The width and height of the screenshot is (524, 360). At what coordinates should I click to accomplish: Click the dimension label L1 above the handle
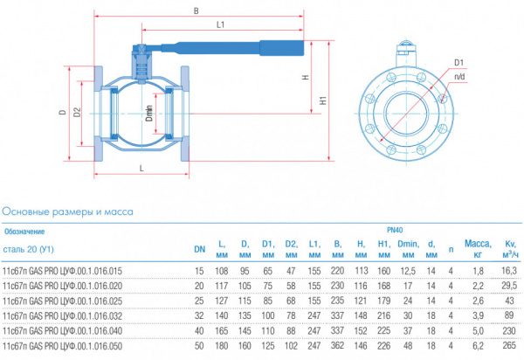[x=221, y=24]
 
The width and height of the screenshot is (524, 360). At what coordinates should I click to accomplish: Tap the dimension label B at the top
[x=196, y=11]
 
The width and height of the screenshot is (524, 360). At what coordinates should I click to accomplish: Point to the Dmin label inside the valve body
[x=149, y=114]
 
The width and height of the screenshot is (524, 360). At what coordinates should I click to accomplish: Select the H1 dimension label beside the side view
[x=323, y=100]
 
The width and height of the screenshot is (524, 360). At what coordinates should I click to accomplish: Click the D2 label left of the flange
[x=77, y=112]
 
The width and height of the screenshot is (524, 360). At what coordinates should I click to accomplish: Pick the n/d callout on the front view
[x=459, y=77]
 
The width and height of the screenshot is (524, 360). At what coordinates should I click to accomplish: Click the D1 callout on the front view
[x=458, y=63]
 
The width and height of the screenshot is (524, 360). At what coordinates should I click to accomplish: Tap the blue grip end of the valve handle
[x=282, y=48]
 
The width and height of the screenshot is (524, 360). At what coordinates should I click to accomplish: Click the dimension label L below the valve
[x=141, y=168]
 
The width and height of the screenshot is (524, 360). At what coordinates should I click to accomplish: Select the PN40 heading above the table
[x=395, y=230]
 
